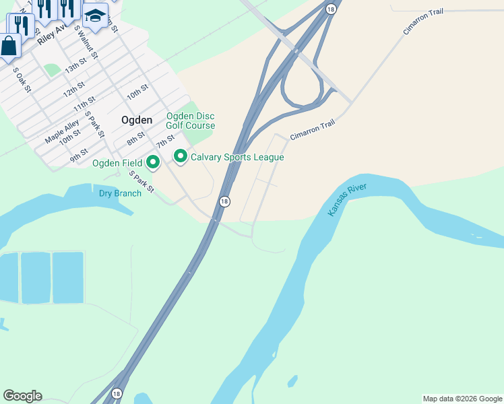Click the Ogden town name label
click(136, 120)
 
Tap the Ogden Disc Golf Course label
click(191, 121)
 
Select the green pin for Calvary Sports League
click(180, 157)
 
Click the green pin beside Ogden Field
click(153, 162)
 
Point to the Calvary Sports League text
click(237, 158)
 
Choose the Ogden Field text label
click(117, 163)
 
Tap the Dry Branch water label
click(120, 193)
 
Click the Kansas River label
click(347, 198)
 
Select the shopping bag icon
click(8, 46)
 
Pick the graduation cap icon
click(95, 15)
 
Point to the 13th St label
click(75, 66)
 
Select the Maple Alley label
click(62, 131)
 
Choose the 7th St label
click(165, 143)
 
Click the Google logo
click(22, 396)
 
